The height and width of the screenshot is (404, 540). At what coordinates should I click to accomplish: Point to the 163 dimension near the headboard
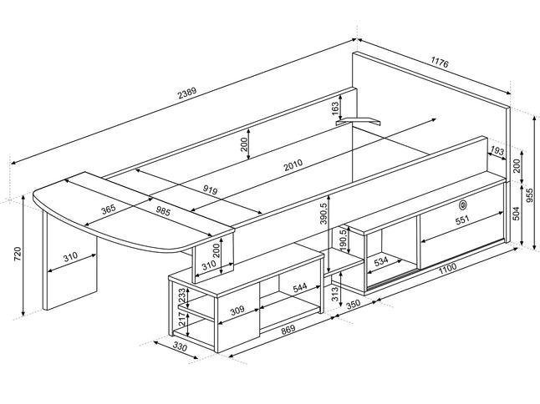tap(335, 109)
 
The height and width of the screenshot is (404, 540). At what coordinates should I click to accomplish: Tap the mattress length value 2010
tap(293, 164)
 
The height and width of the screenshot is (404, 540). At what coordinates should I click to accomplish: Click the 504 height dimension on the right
tap(516, 213)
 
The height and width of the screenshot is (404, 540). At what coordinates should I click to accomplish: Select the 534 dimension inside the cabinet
tap(381, 261)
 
